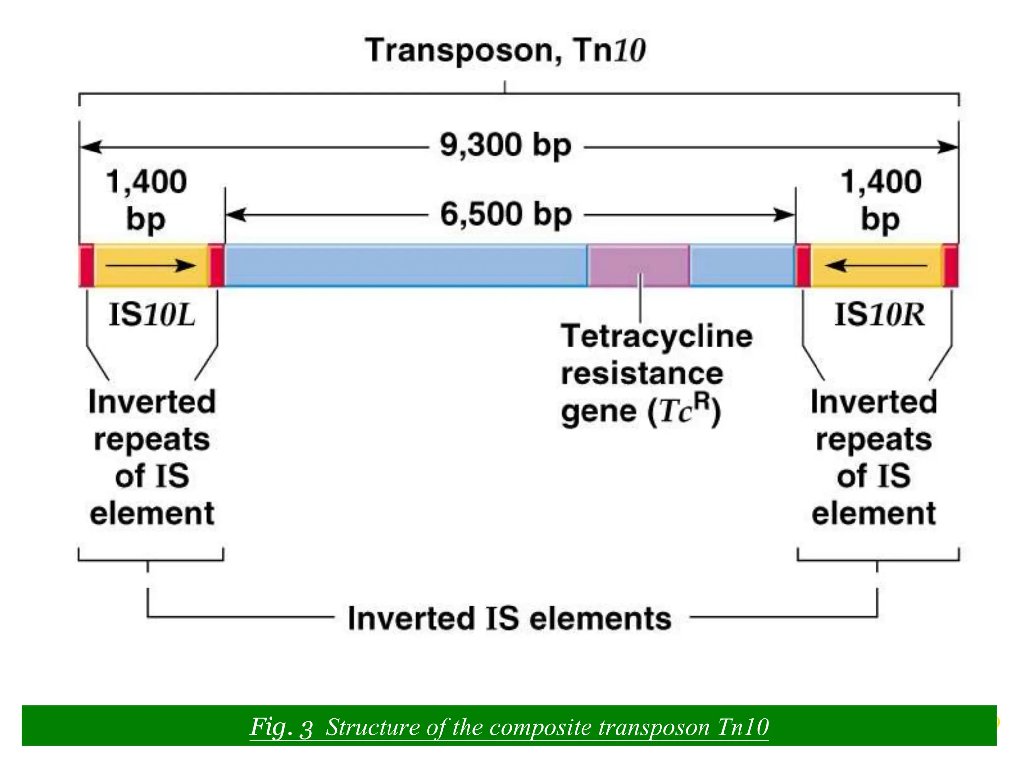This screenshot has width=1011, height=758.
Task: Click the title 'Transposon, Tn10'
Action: click(505, 50)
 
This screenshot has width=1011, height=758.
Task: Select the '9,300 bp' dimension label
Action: click(505, 146)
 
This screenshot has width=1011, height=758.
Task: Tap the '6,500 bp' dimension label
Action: click(506, 215)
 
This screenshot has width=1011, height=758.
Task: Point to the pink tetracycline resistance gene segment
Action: click(638, 265)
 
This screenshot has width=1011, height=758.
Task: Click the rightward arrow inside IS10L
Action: click(151, 266)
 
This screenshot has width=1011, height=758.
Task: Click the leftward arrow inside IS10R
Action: click(876, 266)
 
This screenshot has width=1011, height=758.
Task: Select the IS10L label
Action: click(152, 315)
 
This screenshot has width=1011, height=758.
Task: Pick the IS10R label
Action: click(879, 315)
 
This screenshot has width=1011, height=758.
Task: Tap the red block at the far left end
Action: click(87, 265)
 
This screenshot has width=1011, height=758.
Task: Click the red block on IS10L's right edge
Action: click(217, 265)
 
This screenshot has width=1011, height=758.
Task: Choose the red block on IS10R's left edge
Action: click(803, 265)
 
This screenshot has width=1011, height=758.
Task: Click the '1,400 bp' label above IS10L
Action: click(146, 200)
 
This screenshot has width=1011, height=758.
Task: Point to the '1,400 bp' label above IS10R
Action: click(881, 200)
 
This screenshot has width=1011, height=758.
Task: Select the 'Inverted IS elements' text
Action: click(509, 618)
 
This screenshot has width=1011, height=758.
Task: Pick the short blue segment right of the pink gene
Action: click(741, 265)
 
